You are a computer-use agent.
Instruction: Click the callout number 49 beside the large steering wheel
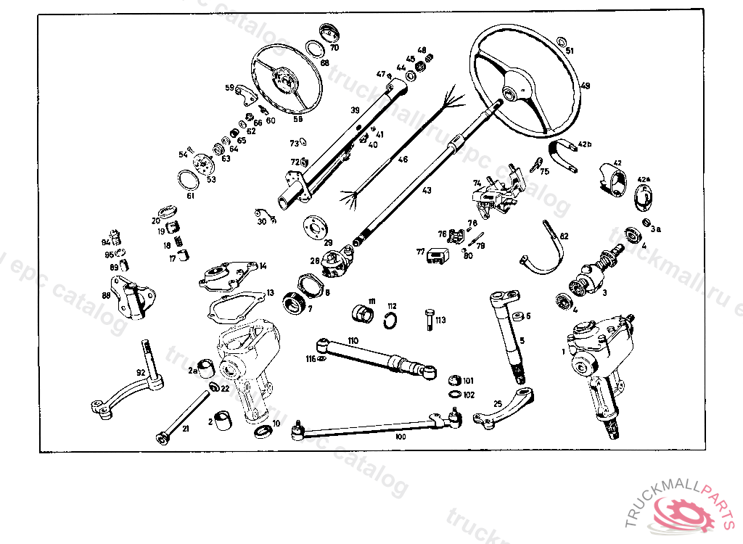586,86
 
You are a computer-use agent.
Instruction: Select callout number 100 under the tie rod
401,437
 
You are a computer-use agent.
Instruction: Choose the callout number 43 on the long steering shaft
427,190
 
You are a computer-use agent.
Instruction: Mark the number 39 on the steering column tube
355,110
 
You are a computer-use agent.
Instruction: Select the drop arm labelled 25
508,410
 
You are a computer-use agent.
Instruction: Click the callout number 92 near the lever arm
141,372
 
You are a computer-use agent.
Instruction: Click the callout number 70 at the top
334,48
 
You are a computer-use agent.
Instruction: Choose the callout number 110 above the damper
353,339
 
